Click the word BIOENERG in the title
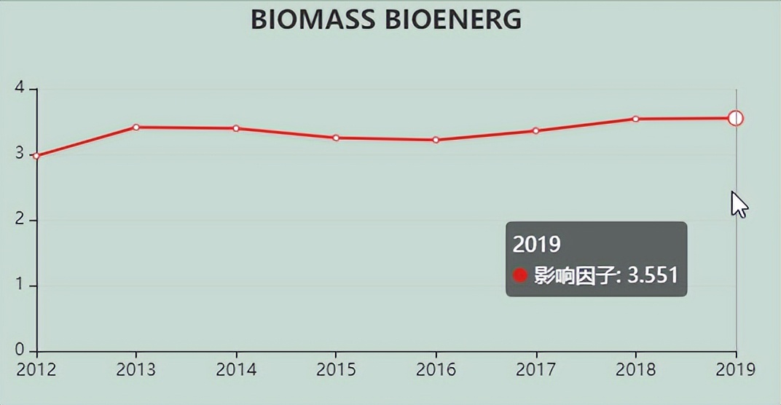(x=452, y=20)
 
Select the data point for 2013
(x=136, y=127)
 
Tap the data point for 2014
(x=236, y=128)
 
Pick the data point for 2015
(x=336, y=138)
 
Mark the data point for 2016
(x=436, y=140)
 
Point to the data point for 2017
(x=535, y=131)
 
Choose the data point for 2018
(x=635, y=119)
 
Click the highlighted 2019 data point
(x=736, y=118)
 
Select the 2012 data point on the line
(x=36, y=156)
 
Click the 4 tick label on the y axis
(x=20, y=89)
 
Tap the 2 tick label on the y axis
(x=20, y=220)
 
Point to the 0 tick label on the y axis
(x=20, y=350)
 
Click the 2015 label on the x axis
(x=336, y=369)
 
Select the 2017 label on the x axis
(x=535, y=369)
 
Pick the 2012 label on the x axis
(x=36, y=369)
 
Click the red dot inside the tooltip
(x=519, y=275)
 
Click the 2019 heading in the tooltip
(x=536, y=244)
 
